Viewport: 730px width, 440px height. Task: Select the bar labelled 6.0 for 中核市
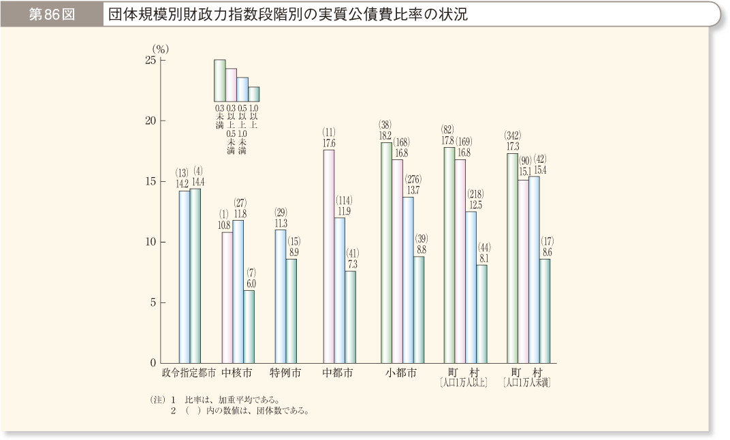(x=249, y=326)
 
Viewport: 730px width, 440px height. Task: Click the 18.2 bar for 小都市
(x=386, y=252)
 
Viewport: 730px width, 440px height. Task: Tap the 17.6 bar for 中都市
(x=329, y=255)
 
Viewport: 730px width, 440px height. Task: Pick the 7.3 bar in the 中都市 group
(x=350, y=317)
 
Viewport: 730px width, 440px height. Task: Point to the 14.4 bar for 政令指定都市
(x=195, y=275)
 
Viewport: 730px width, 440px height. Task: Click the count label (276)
(x=413, y=180)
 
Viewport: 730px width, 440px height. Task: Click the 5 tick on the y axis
(x=154, y=302)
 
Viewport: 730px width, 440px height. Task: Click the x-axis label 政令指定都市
(x=189, y=374)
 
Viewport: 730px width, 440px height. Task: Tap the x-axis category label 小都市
(x=400, y=374)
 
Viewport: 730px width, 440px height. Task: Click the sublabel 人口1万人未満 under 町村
(x=526, y=384)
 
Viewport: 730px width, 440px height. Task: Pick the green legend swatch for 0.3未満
(x=219, y=80)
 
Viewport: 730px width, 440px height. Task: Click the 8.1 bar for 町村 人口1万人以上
(x=481, y=314)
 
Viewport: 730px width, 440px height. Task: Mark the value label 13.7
(x=413, y=190)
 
